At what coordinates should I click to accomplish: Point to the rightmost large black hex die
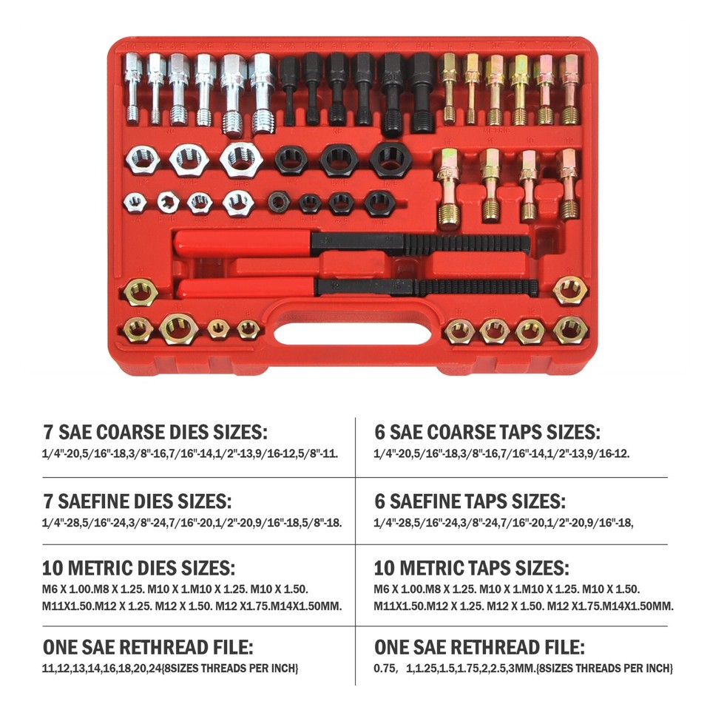(x=388, y=158)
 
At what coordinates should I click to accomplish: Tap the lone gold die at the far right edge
(x=569, y=290)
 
